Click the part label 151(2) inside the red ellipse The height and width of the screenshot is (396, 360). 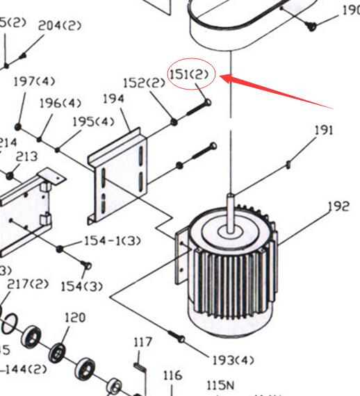pyautogui.click(x=189, y=73)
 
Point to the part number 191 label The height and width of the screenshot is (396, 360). pyautogui.click(x=324, y=130)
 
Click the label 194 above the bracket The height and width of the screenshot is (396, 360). pyautogui.click(x=113, y=99)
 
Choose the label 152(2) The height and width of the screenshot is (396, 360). pyautogui.click(x=144, y=83)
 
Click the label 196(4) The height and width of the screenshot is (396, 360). pyautogui.click(x=60, y=103)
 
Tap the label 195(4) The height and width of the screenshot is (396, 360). pyautogui.click(x=93, y=121)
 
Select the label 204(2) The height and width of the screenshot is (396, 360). pyautogui.click(x=59, y=26)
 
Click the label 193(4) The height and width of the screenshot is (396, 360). pyautogui.click(x=233, y=360)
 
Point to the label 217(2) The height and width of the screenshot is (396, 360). pyautogui.click(x=28, y=283)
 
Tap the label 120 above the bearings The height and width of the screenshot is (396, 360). pyautogui.click(x=74, y=317)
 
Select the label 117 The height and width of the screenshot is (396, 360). pyautogui.click(x=142, y=342)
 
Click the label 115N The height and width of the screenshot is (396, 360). pyautogui.click(x=220, y=384)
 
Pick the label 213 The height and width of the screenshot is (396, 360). pyautogui.click(x=26, y=157)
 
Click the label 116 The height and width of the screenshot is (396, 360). pyautogui.click(x=172, y=376)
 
